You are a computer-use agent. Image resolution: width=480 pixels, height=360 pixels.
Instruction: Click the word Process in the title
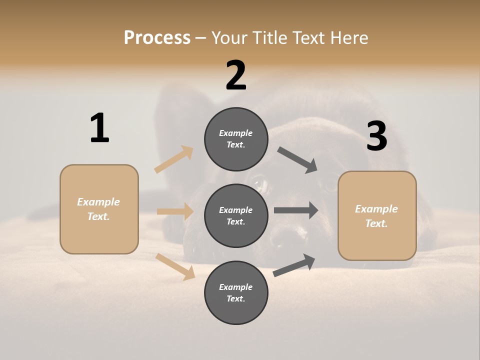pyautogui.click(x=157, y=37)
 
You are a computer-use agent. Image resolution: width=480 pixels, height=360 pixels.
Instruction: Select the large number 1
pyautogui.click(x=99, y=128)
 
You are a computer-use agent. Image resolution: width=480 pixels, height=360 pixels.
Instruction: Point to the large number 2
pyautogui.click(x=236, y=75)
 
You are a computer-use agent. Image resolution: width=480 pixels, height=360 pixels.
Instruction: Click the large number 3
pyautogui.click(x=376, y=136)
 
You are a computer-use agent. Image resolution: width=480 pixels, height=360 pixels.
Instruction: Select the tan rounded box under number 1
pyautogui.click(x=99, y=209)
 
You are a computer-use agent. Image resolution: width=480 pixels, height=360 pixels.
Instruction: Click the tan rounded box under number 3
pyautogui.click(x=377, y=216)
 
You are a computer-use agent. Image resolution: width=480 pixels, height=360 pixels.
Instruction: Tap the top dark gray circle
pyautogui.click(x=236, y=139)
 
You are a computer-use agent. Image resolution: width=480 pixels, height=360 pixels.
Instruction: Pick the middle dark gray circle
pyautogui.click(x=236, y=215)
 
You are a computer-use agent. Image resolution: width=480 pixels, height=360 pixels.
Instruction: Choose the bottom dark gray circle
pyautogui.click(x=236, y=292)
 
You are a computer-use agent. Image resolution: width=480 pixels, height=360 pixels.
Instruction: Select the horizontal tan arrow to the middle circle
pyautogui.click(x=175, y=211)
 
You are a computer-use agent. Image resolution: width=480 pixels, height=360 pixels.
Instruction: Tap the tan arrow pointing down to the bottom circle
pyautogui.click(x=175, y=266)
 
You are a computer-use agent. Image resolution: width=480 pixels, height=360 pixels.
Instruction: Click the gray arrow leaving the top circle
pyautogui.click(x=298, y=160)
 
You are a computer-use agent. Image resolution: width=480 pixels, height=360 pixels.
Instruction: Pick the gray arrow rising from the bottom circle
pyautogui.click(x=294, y=265)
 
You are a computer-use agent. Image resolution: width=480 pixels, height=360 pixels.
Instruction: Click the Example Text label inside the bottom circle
pyautogui.click(x=236, y=292)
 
